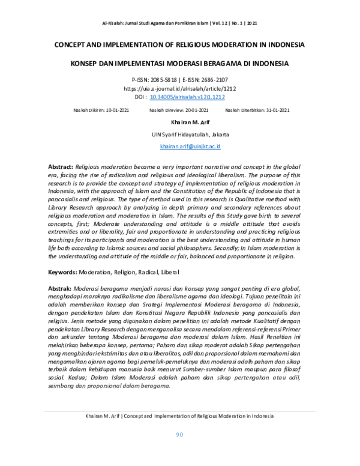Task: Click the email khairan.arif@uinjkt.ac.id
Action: [x=190, y=146]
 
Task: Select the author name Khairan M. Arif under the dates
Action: [x=180, y=123]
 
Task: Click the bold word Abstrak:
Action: [x=60, y=289]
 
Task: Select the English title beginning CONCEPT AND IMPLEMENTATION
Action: [x=179, y=45]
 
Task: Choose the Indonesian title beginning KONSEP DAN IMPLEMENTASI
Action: [x=179, y=63]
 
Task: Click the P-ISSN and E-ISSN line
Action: [x=179, y=80]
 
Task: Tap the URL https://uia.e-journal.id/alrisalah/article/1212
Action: [x=179, y=88]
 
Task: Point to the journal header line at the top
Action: [x=179, y=23]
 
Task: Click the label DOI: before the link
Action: [x=140, y=96]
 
